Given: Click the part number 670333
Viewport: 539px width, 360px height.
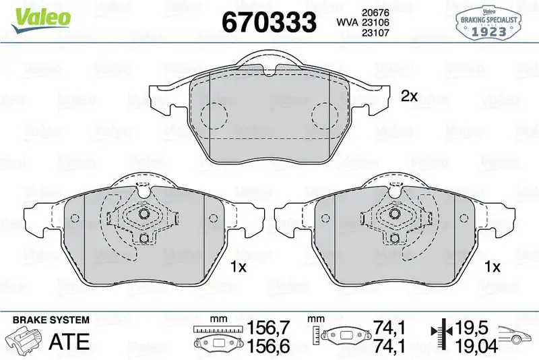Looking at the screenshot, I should (269, 22).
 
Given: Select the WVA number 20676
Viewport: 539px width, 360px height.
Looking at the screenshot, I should (374, 11).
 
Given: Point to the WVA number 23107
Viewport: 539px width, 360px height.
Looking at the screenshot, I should (374, 32).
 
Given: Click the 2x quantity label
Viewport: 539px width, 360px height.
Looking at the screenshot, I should (409, 96).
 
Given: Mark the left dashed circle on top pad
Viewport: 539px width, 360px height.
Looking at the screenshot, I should (215, 115).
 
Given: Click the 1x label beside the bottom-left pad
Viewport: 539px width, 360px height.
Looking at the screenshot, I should (238, 268).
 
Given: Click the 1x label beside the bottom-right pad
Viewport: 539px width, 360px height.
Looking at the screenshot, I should (493, 268).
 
